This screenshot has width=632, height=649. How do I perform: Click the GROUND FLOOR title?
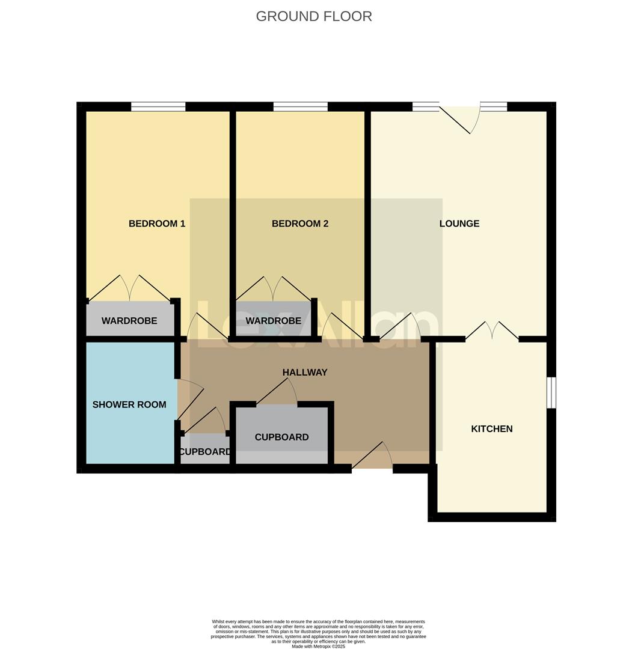pyautogui.click(x=314, y=16)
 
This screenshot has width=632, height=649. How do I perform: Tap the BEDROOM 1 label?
pyautogui.click(x=157, y=224)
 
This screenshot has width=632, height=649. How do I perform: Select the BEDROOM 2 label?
pyautogui.click(x=300, y=224)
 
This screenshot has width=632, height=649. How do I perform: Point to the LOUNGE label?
pyautogui.click(x=459, y=224)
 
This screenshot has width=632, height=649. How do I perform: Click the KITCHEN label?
pyautogui.click(x=492, y=429)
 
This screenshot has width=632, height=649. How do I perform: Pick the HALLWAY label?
pyautogui.click(x=305, y=373)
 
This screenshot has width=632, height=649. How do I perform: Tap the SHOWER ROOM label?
pyautogui.click(x=129, y=404)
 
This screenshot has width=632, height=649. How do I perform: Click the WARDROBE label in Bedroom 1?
pyautogui.click(x=129, y=321)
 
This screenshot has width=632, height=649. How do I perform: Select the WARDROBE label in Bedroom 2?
pyautogui.click(x=273, y=321)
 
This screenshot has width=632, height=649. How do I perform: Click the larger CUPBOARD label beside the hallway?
pyautogui.click(x=281, y=437)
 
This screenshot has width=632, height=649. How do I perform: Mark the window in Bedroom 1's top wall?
pyautogui.click(x=158, y=107)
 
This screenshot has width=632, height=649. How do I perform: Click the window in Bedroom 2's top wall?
pyautogui.click(x=300, y=107)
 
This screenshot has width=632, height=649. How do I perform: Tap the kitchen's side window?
pyautogui.click(x=551, y=392)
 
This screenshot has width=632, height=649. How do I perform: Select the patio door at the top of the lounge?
pyautogui.click(x=460, y=117)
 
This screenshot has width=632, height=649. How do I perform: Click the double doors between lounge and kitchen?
pyautogui.click(x=492, y=332)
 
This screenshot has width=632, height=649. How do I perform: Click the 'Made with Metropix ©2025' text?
pyautogui.click(x=318, y=646)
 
